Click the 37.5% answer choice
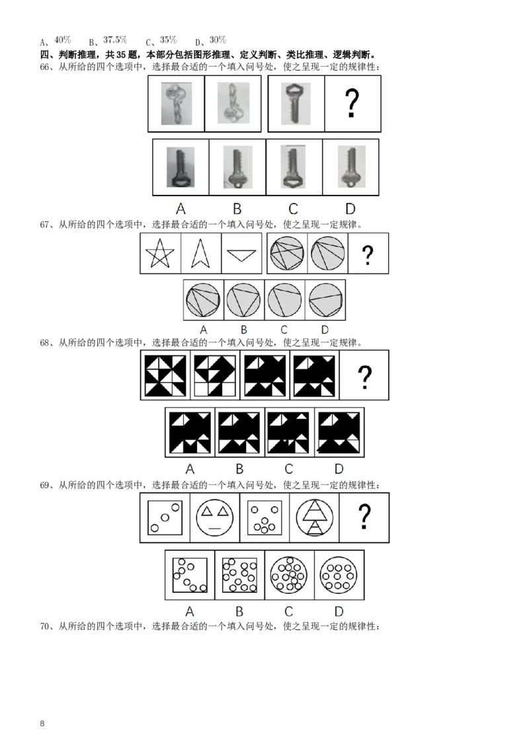[115, 40]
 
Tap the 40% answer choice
[63, 40]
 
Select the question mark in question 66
[352, 104]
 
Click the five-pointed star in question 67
[160, 253]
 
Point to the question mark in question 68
[365, 377]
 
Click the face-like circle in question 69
[215, 517]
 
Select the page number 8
[42, 723]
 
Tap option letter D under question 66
[350, 209]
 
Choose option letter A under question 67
[204, 330]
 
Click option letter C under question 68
[289, 469]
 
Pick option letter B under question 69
[239, 611]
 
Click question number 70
[44, 626]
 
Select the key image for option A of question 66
[181, 167]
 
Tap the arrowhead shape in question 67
[200, 253]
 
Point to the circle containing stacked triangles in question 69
[315, 517]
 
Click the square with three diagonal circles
[165, 517]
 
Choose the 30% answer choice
[218, 40]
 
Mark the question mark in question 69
[364, 517]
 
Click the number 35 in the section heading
[121, 55]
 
